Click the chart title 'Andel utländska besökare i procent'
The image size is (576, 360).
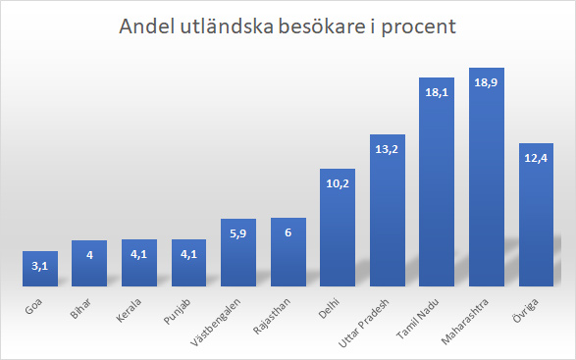click(x=288, y=26)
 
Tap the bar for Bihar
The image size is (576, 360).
click(x=89, y=266)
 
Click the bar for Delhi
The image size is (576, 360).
click(x=338, y=231)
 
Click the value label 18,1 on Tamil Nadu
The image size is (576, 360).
click(x=437, y=91)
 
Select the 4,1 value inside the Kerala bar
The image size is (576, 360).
click(x=139, y=256)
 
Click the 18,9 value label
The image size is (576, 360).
click(x=487, y=83)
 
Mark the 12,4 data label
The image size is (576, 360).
click(x=537, y=158)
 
